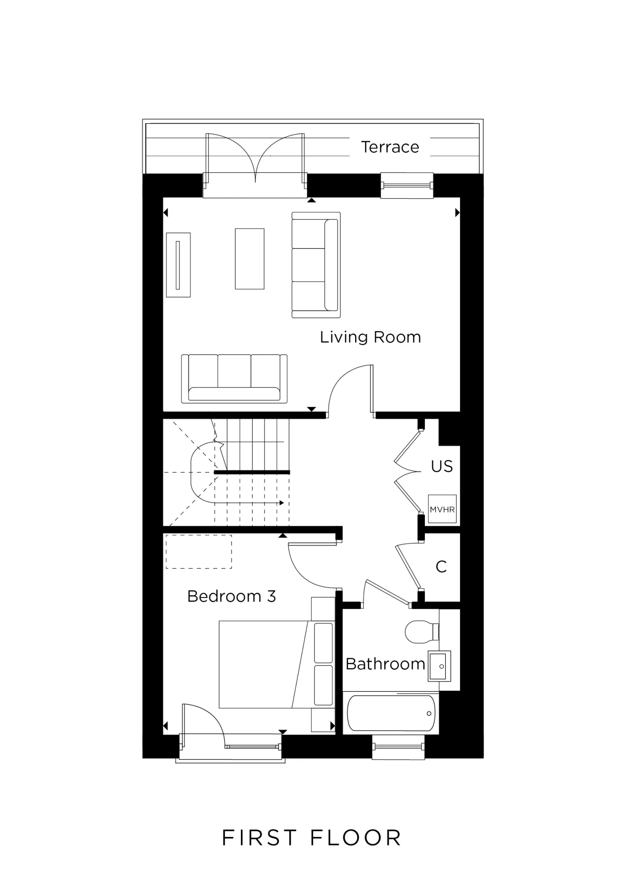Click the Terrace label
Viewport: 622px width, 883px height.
pyautogui.click(x=390, y=147)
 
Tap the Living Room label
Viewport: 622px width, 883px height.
pyautogui.click(x=370, y=337)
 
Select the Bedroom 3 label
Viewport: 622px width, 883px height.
pyautogui.click(x=231, y=596)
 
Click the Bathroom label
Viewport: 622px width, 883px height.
pyautogui.click(x=385, y=664)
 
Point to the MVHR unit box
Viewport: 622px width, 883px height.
pyautogui.click(x=442, y=509)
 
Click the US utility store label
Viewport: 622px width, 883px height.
pyautogui.click(x=442, y=466)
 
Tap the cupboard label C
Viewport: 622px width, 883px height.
pyautogui.click(x=441, y=567)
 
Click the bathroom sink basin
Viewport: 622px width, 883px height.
pyautogui.click(x=439, y=666)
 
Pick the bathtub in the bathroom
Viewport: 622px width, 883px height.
pyautogui.click(x=391, y=713)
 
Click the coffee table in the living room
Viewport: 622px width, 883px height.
pyautogui.click(x=249, y=259)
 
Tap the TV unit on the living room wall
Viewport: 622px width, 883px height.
pyautogui.click(x=178, y=265)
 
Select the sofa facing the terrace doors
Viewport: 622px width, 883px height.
pyautogui.click(x=234, y=379)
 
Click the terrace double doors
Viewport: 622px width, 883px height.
pyautogui.click(x=255, y=159)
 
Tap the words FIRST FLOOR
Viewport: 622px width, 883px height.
pyautogui.click(x=311, y=838)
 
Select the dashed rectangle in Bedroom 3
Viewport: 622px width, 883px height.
pyautogui.click(x=199, y=551)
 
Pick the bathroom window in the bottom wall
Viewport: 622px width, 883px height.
pyautogui.click(x=398, y=747)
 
